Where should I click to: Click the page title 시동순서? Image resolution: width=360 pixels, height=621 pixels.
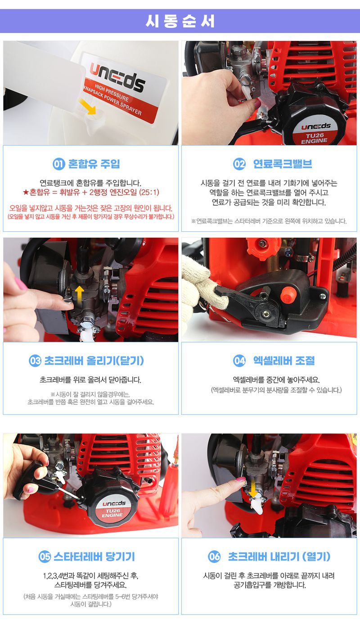pyautogui.click(x=180, y=21)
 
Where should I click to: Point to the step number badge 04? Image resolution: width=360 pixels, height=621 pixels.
pyautogui.click(x=239, y=360)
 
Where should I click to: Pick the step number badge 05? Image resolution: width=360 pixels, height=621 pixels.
pyautogui.click(x=45, y=557)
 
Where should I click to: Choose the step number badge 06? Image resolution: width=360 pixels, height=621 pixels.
pyautogui.click(x=214, y=557)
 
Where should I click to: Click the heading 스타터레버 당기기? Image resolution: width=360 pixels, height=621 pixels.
pyautogui.click(x=94, y=557)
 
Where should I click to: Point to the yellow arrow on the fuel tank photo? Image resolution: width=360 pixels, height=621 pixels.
pyautogui.click(x=88, y=107)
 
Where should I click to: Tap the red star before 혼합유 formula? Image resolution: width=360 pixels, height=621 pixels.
pyautogui.click(x=26, y=192)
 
